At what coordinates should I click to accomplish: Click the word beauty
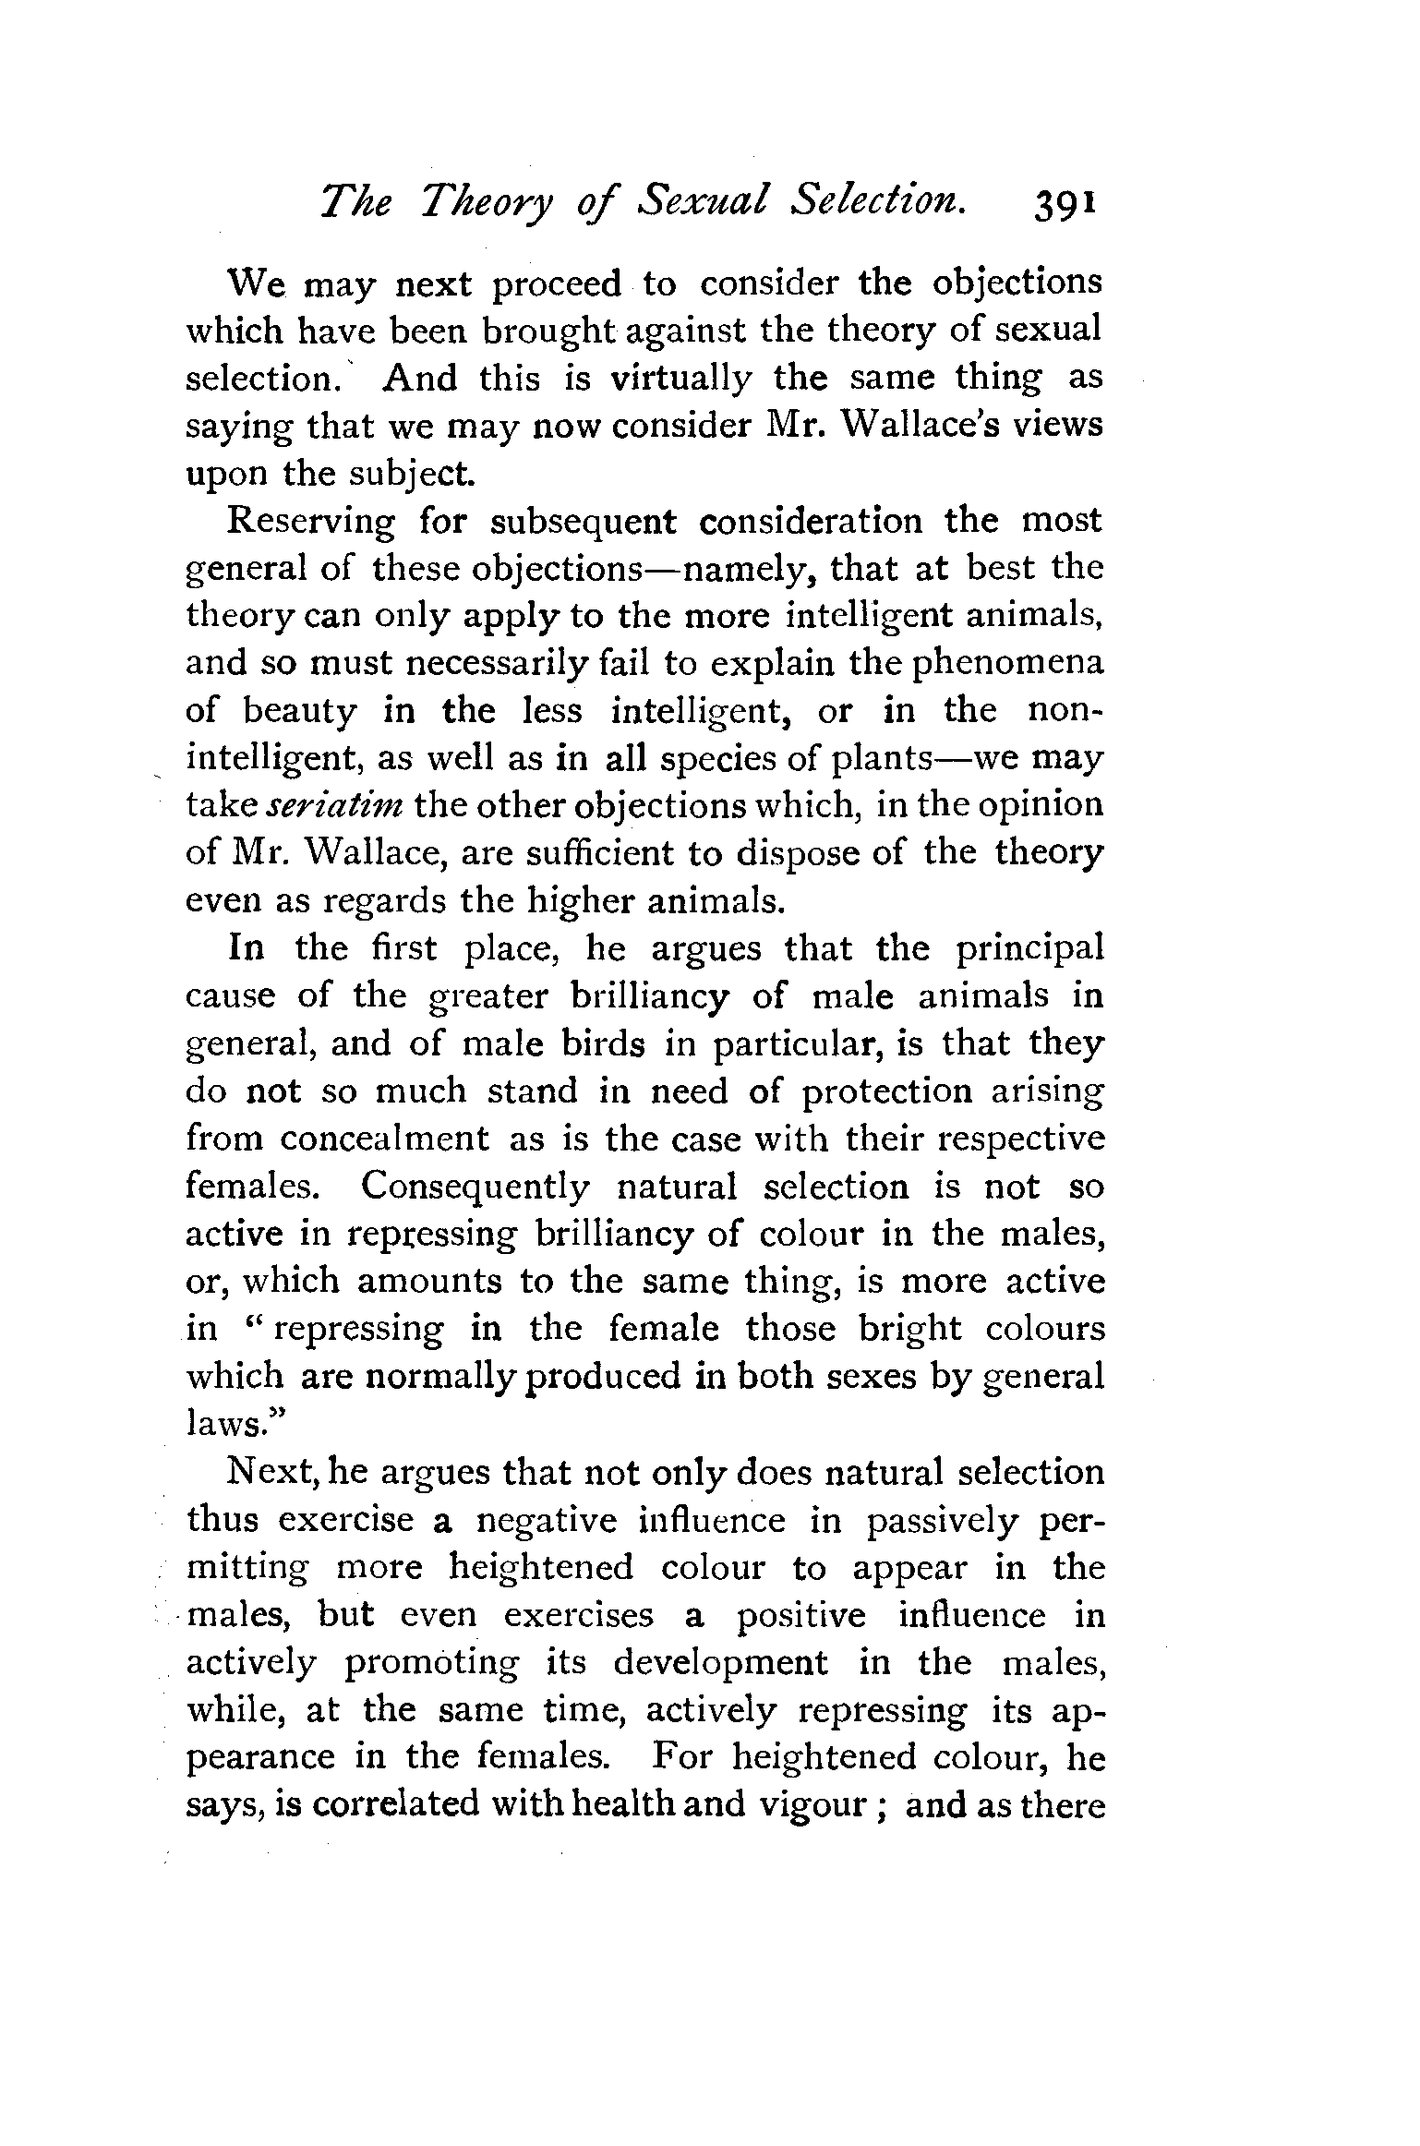point(299,713)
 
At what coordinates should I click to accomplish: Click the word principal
point(1029,949)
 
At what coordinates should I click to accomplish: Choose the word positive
point(800,1616)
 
